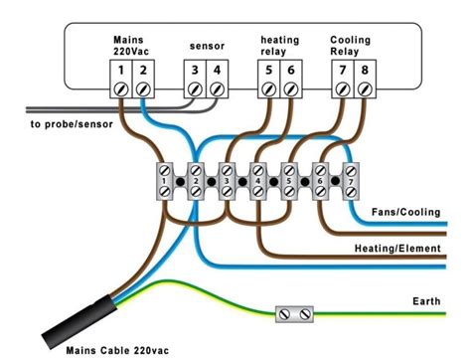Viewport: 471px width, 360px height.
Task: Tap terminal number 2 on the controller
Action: [x=145, y=71]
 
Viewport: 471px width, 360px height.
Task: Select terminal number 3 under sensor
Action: [x=196, y=71]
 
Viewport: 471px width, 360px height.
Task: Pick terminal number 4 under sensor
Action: [x=218, y=71]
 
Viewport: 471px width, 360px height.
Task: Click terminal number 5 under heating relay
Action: [x=268, y=71]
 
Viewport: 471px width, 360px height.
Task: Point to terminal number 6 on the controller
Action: [x=290, y=71]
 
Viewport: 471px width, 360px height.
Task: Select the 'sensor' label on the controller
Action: [x=206, y=46]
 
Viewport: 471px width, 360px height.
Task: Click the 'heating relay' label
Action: [x=279, y=46]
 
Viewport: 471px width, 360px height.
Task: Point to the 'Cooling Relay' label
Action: [x=352, y=46]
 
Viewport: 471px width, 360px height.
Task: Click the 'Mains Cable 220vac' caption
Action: [x=113, y=350]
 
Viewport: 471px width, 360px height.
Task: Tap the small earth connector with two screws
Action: [x=294, y=314]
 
